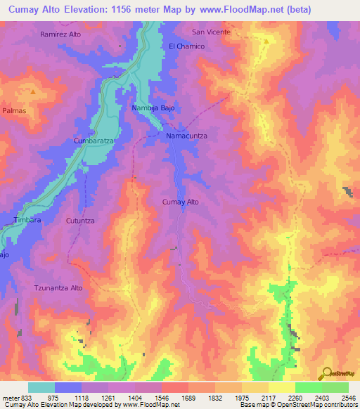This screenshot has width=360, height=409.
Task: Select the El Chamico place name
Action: (x=186, y=46)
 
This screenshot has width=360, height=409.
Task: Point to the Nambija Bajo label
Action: (x=153, y=108)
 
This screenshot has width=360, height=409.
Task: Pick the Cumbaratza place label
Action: (x=94, y=141)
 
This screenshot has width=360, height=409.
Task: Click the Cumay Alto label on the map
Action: (x=181, y=202)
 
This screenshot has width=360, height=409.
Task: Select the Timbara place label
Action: (x=27, y=221)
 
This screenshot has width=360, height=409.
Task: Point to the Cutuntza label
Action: (x=79, y=221)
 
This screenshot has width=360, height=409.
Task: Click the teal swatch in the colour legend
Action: (x=41, y=387)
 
